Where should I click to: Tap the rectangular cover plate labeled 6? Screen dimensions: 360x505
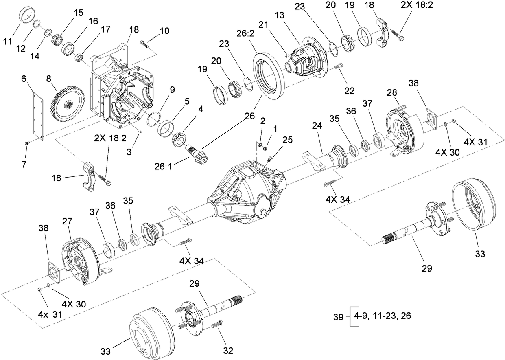[39, 116]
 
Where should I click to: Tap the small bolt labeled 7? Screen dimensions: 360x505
[27, 143]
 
